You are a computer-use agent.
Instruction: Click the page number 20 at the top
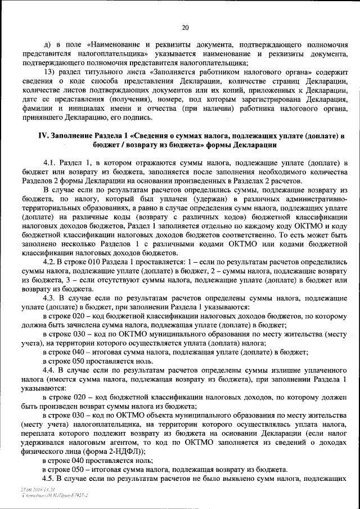tap(186, 27)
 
